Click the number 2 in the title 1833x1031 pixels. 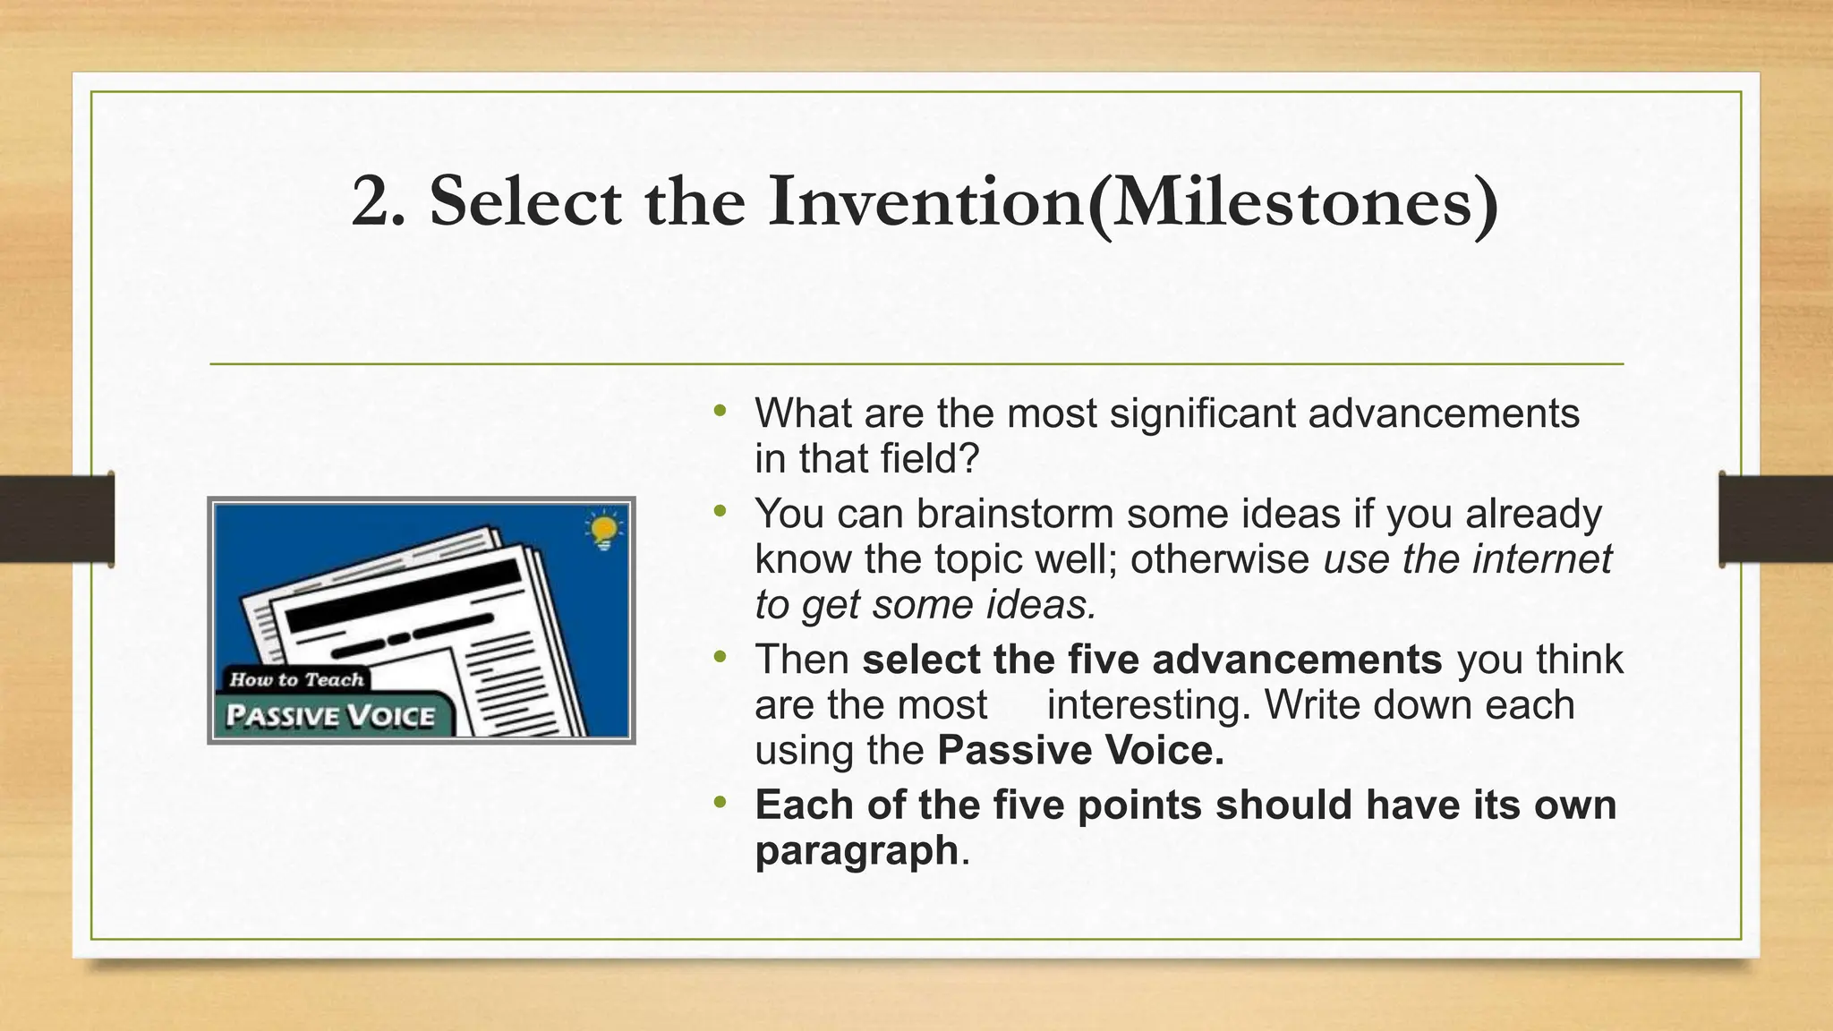369,202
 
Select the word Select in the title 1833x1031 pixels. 525,202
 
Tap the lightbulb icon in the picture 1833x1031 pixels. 604,530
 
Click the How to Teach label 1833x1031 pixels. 296,679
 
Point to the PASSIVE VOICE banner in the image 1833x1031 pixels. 330,716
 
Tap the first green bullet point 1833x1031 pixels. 720,412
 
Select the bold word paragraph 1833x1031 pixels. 857,850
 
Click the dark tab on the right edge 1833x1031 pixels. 1776,519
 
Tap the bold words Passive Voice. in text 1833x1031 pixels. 1080,751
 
